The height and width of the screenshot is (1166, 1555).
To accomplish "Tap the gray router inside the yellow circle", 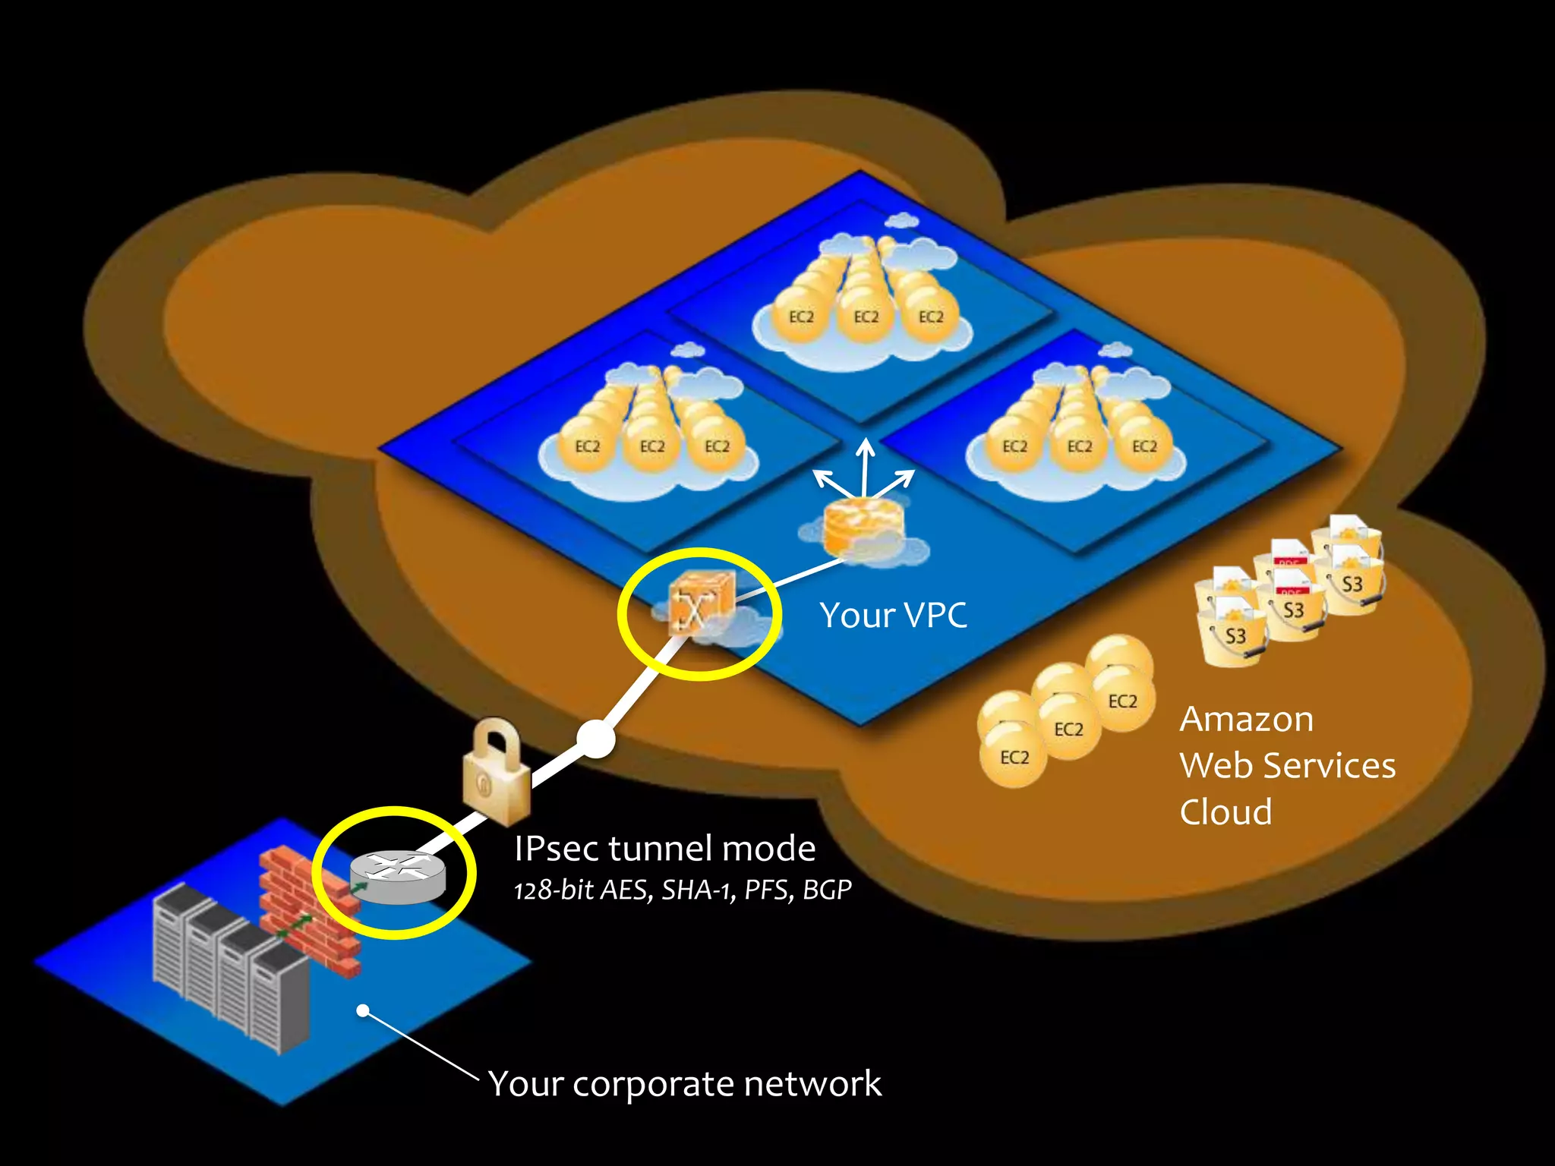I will [x=398, y=878].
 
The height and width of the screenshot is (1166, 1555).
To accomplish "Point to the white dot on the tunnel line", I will [x=595, y=739].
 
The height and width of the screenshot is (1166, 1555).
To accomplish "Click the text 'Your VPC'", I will [x=893, y=615].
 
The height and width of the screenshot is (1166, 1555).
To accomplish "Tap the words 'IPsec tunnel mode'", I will [x=664, y=848].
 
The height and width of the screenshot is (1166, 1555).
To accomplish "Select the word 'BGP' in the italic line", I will [x=827, y=890].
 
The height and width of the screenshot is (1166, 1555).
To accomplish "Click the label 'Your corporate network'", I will [x=684, y=1083].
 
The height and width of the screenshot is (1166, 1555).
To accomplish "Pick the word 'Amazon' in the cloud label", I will [x=1246, y=719].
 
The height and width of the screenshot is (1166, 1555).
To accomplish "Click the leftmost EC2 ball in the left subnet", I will [x=587, y=446].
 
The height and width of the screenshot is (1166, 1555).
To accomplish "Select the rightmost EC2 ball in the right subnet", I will [x=1143, y=446].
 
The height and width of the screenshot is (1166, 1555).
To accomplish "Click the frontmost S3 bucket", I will [x=1235, y=636].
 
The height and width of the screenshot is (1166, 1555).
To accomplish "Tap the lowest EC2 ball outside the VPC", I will [x=1014, y=757].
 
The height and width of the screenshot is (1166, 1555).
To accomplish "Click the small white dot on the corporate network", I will [x=363, y=1010].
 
